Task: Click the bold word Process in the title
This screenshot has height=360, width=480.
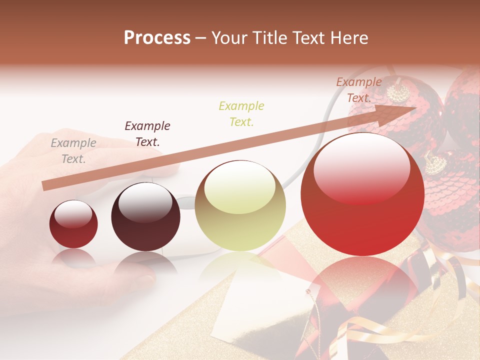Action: (157, 38)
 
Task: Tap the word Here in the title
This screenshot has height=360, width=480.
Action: (349, 38)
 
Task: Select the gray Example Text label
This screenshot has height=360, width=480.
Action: (73, 151)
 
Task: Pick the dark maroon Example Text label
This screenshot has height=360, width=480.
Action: (147, 133)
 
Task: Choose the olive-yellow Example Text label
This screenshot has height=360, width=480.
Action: (241, 113)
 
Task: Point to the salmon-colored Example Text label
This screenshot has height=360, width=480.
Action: (359, 90)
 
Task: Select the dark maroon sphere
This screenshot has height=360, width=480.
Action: (145, 218)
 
